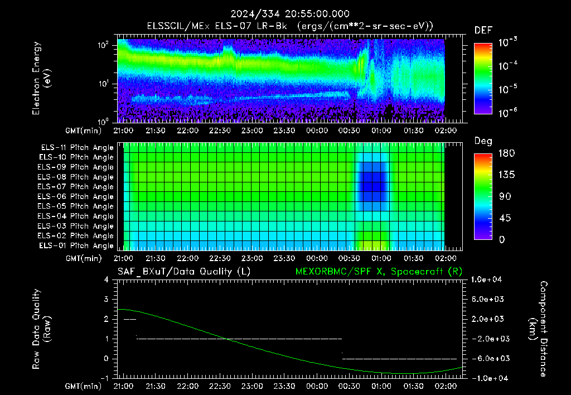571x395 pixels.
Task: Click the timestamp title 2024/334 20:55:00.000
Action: (x=290, y=14)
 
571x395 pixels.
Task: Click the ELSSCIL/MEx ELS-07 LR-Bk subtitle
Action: (x=217, y=26)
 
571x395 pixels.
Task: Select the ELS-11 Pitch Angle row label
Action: (x=77, y=148)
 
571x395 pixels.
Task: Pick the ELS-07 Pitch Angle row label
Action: (x=75, y=186)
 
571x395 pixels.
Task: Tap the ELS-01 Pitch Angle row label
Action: (x=76, y=245)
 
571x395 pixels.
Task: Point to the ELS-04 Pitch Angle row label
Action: (x=75, y=216)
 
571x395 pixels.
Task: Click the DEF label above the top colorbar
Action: (x=483, y=30)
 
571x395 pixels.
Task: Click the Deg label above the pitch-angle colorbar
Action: (x=483, y=141)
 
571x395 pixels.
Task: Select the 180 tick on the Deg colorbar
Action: (x=506, y=153)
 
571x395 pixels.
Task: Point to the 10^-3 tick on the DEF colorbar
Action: (x=507, y=42)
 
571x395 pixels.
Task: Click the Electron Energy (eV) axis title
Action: (x=41, y=78)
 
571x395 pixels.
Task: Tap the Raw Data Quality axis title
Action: (x=41, y=329)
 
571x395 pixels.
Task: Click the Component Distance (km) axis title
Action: (x=538, y=329)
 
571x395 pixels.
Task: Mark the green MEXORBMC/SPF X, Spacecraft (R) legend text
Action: (x=379, y=272)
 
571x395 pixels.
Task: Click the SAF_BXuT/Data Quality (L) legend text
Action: (x=184, y=272)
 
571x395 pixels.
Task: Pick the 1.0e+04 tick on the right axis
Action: (x=486, y=280)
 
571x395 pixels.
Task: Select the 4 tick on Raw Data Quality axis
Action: (x=106, y=280)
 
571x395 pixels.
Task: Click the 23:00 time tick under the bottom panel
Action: (x=252, y=386)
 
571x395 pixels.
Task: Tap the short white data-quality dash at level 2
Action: (x=130, y=319)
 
